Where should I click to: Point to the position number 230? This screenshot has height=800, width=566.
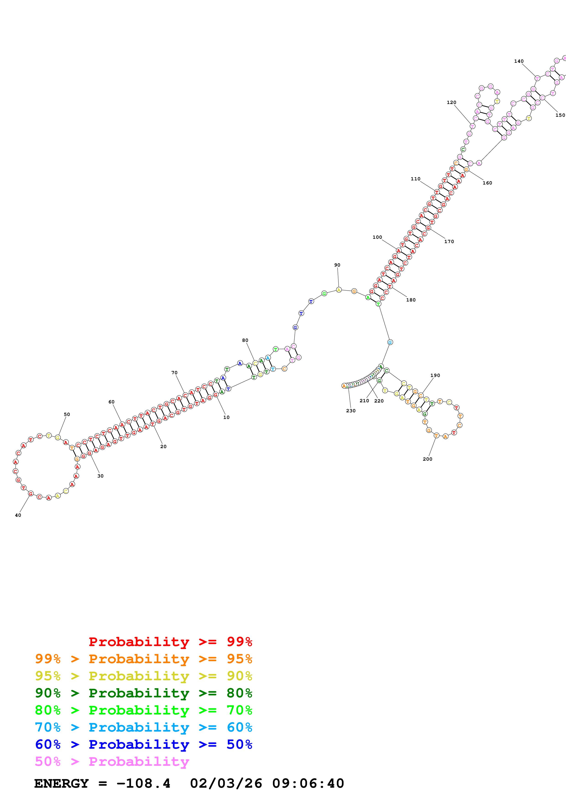351,411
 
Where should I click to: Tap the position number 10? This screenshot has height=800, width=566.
226,417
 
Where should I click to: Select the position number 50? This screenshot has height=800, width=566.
67,415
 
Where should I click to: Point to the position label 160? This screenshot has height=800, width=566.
487,183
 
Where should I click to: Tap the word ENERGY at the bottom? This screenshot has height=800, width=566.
61,784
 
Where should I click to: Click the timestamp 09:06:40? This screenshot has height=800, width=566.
308,784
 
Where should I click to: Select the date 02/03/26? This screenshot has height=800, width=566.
226,784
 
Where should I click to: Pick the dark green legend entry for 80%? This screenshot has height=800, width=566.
143,693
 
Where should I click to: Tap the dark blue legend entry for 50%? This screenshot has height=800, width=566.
143,745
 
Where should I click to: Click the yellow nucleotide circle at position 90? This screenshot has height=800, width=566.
339,290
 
